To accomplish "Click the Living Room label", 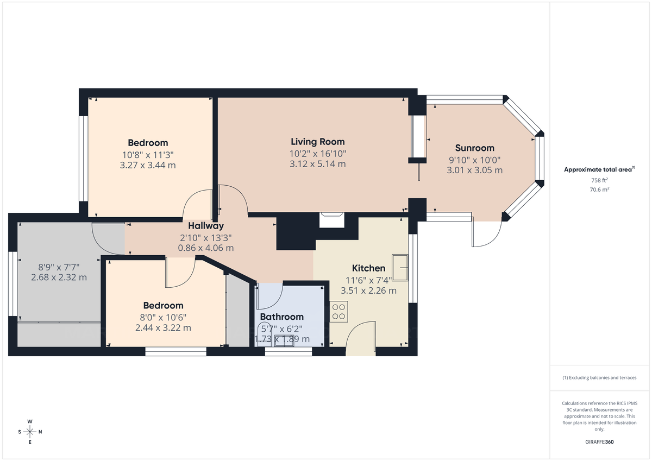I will pyautogui.click(x=318, y=142).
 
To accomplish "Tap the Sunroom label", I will pyautogui.click(x=474, y=148).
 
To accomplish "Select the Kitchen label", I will pyautogui.click(x=368, y=268).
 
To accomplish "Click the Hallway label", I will pyautogui.click(x=206, y=225).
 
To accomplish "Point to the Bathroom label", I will pyautogui.click(x=281, y=317).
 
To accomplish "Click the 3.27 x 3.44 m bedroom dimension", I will pyautogui.click(x=148, y=165).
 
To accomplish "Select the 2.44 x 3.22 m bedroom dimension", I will pyautogui.click(x=163, y=328).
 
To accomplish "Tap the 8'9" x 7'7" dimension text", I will pyautogui.click(x=59, y=267).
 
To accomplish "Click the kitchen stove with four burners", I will pyautogui.click(x=339, y=311).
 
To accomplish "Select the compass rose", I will pyautogui.click(x=30, y=432).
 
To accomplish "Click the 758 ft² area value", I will pyautogui.click(x=599, y=180).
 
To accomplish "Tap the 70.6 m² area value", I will pyautogui.click(x=599, y=189).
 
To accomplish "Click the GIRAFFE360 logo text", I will pyautogui.click(x=599, y=442).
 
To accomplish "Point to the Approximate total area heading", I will pyautogui.click(x=599, y=169).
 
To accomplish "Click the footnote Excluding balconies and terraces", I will pyautogui.click(x=599, y=377).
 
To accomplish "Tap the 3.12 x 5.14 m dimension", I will pyautogui.click(x=318, y=164).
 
